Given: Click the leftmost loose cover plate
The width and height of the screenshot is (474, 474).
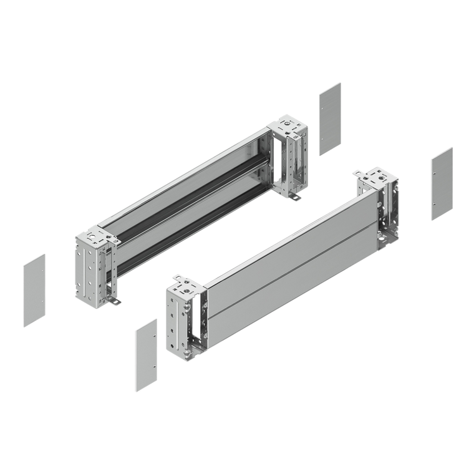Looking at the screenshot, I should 34,290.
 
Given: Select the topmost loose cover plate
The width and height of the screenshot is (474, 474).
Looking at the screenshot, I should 330,119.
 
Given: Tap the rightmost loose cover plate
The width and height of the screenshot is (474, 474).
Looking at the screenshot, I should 442,183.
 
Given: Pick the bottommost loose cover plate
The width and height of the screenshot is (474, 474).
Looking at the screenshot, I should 147,355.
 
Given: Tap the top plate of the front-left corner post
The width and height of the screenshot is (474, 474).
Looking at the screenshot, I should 186,288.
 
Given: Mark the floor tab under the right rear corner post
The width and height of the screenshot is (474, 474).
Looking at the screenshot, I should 294,198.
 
